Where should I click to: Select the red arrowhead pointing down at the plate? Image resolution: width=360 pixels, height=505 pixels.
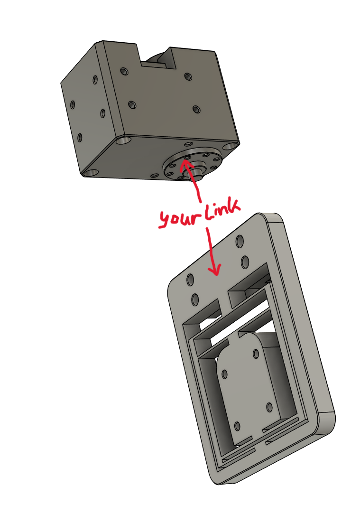[x=214, y=270]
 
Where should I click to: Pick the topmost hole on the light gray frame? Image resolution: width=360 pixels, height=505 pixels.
[x=240, y=241]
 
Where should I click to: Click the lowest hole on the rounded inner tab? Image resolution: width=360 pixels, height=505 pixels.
[x=238, y=426]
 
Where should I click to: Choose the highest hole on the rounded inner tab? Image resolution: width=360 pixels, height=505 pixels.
[x=256, y=354]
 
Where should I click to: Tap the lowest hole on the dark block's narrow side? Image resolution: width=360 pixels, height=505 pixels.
[x=80, y=138]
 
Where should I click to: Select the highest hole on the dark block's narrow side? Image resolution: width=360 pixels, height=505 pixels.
[x=95, y=80]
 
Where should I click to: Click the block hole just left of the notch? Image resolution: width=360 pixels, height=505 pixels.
[x=124, y=71]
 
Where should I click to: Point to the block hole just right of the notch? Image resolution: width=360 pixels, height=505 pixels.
[x=188, y=77]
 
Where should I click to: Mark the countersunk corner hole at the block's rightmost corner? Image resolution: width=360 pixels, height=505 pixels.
[x=230, y=146]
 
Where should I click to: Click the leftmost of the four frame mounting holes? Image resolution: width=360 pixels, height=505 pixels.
[x=191, y=279]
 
